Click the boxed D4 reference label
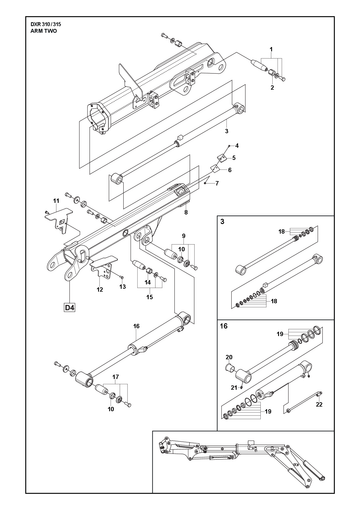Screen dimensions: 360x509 point(70,307)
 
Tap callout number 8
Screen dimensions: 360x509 point(186,212)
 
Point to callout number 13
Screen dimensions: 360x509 point(123,287)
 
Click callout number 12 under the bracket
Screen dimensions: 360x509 point(100,290)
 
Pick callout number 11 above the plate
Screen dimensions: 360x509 point(56,201)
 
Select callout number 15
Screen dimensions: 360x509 point(150,297)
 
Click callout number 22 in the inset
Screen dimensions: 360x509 point(319,405)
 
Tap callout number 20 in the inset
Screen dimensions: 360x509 point(229,358)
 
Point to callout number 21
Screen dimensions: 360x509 point(234,388)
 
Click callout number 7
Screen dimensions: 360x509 point(217,183)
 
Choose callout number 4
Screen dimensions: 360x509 point(237,146)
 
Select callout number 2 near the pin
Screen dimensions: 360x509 point(272,88)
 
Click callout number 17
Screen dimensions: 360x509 point(116,377)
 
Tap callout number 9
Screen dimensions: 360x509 point(183,236)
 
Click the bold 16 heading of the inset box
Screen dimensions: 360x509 point(224,326)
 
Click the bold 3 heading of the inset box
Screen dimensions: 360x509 point(222,222)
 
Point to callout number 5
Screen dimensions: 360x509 point(234,158)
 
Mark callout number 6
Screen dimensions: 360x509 point(229,170)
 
